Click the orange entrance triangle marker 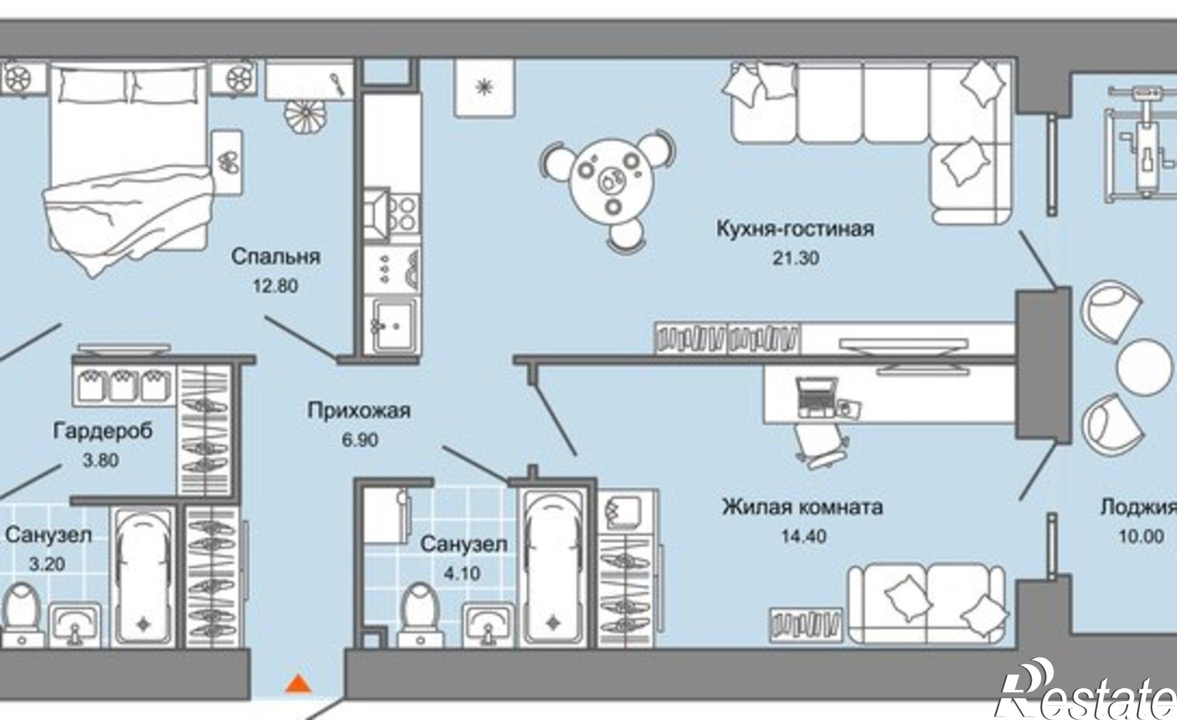click(x=299, y=684)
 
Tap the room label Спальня click(x=275, y=257)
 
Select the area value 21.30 click(x=796, y=258)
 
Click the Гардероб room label click(x=103, y=430)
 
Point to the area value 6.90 click(x=360, y=440)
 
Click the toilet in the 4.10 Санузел click(x=420, y=612)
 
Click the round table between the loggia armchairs click(x=1145, y=367)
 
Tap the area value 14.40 click(x=803, y=536)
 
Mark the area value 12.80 click(x=275, y=286)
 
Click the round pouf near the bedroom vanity click(x=304, y=115)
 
